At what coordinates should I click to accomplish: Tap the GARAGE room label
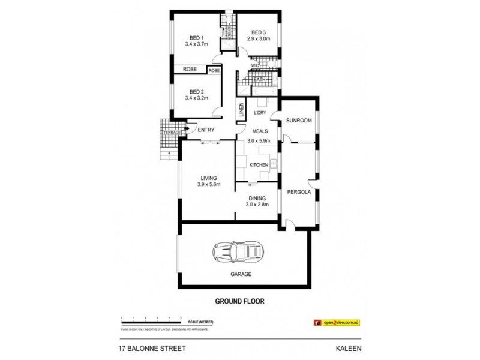(x=240, y=274)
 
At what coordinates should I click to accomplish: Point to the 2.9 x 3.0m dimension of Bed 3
(x=259, y=39)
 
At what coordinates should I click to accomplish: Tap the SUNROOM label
(x=299, y=121)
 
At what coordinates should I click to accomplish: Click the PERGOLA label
(x=299, y=193)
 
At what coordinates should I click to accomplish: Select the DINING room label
(x=256, y=197)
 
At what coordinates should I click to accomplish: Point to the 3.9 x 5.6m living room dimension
(x=209, y=184)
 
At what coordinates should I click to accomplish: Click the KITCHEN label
(x=259, y=165)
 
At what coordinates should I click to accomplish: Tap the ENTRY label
(x=206, y=130)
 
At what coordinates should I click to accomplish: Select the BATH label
(x=259, y=79)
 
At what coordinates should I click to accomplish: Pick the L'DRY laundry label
(x=260, y=113)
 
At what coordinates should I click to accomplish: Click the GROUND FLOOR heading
(x=240, y=301)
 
